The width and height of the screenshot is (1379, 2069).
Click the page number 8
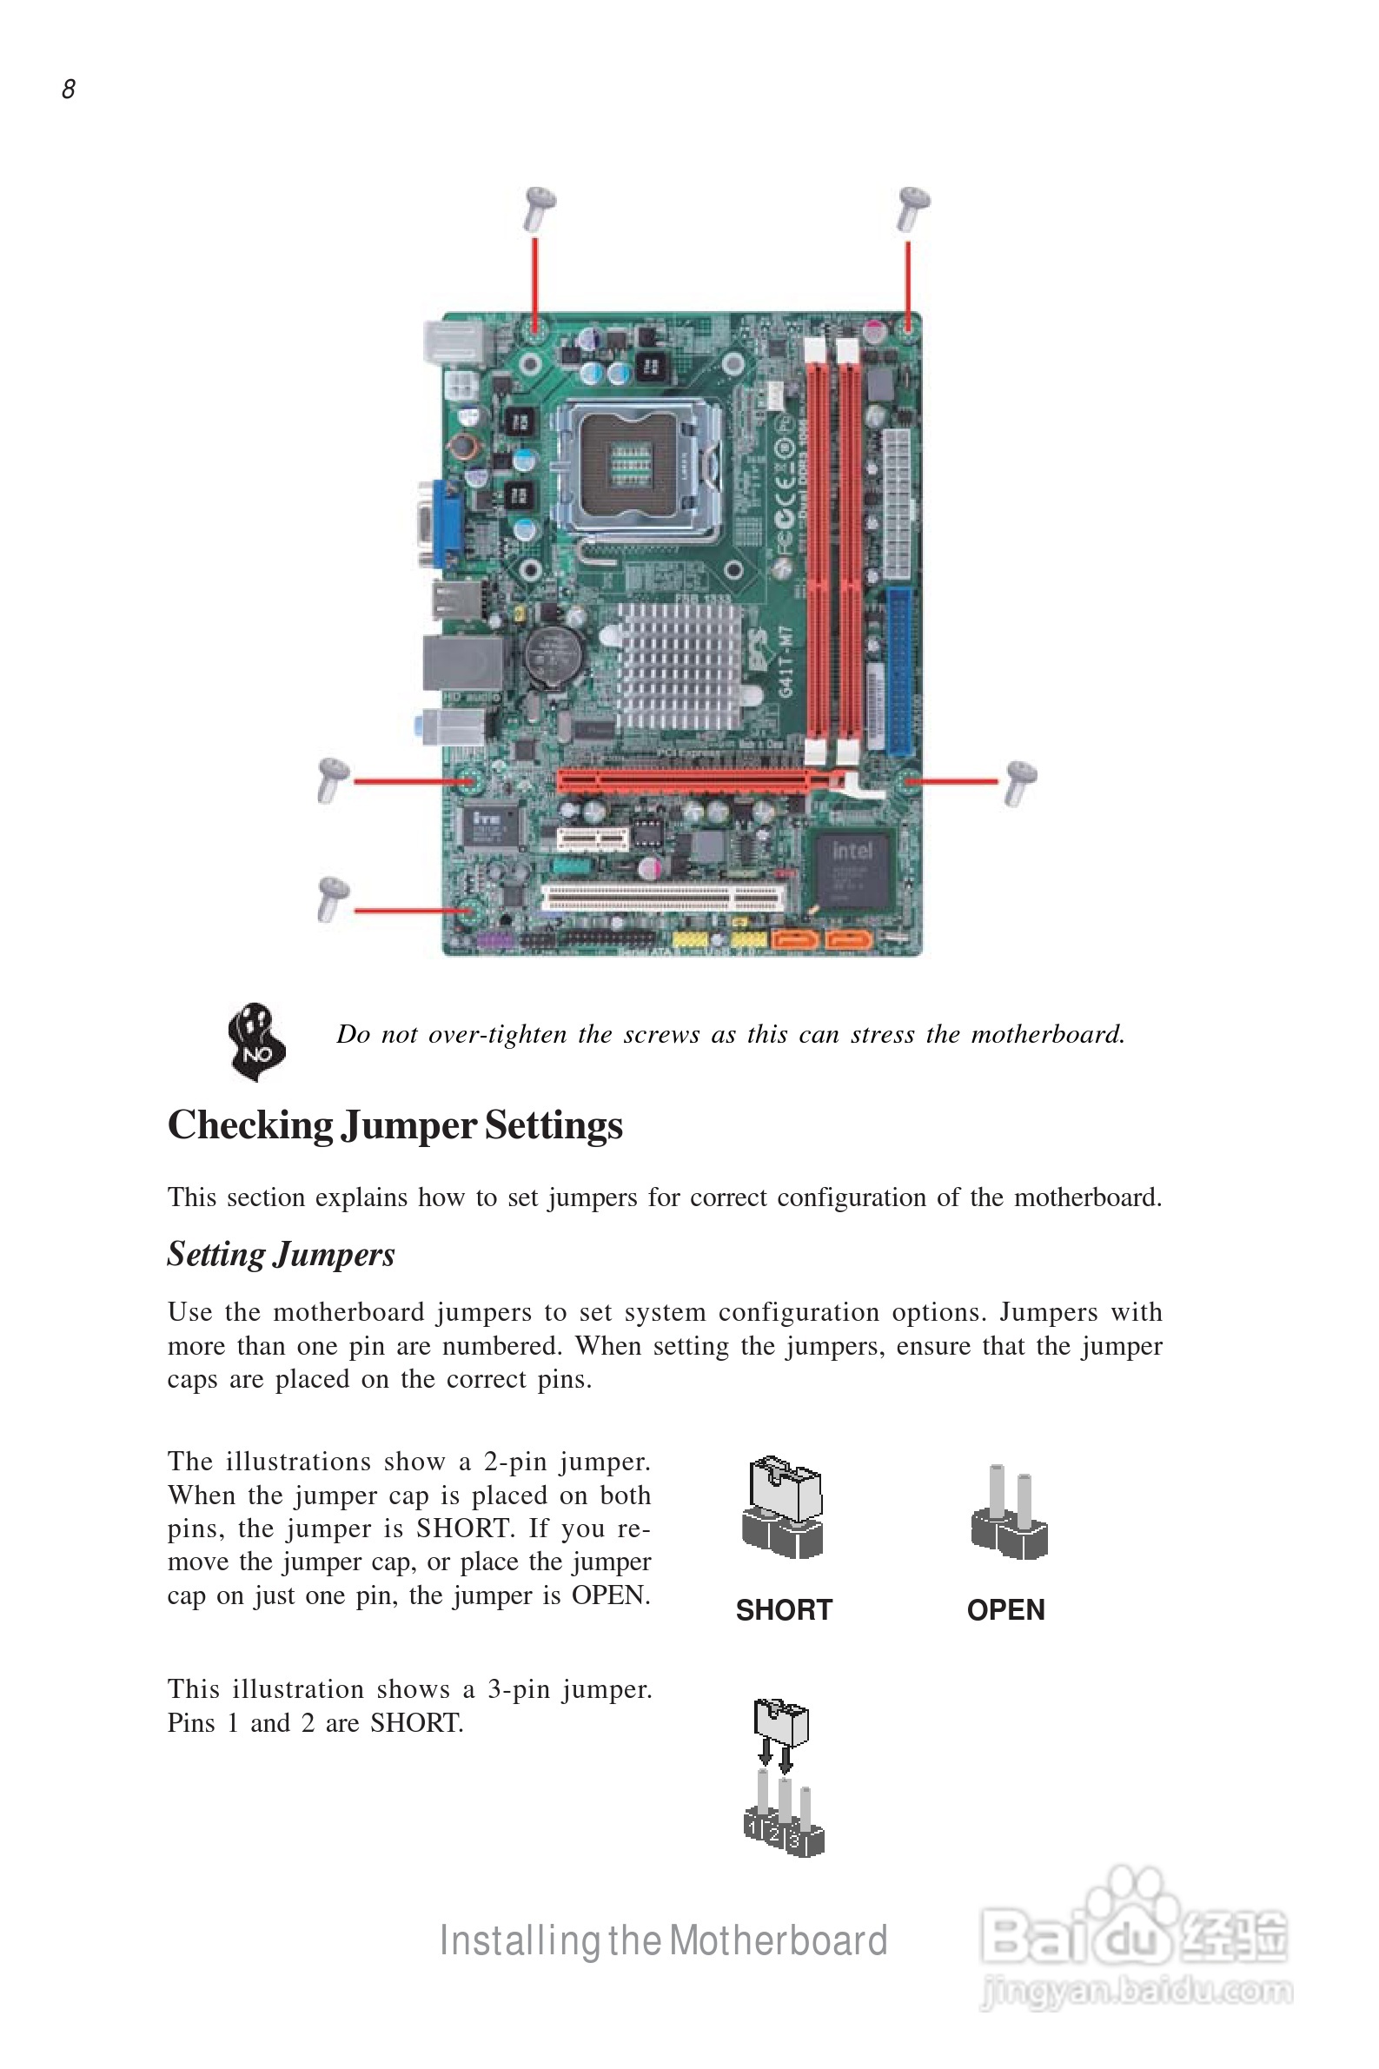tap(69, 89)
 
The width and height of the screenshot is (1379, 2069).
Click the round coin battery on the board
tap(554, 656)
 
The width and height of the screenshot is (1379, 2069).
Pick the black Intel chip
tap(852, 870)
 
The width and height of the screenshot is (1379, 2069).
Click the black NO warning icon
tap(256, 1041)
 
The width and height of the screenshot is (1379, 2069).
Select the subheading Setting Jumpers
tap(281, 1254)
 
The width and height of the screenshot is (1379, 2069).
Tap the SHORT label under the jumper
tap(784, 1610)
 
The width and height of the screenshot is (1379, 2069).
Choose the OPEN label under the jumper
tap(1005, 1610)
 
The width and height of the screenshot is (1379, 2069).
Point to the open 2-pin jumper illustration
tap(1009, 1512)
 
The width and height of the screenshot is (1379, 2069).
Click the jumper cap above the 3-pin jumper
tap(780, 1721)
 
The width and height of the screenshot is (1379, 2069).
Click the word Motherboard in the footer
tap(779, 1941)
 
